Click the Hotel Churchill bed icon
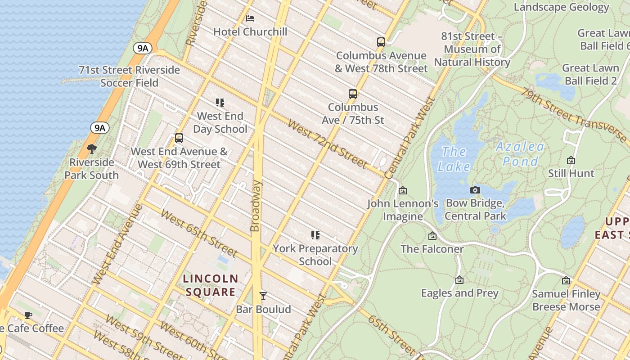[x=250, y=18]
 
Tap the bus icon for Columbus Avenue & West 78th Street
[x=381, y=42]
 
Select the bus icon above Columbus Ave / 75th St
[x=353, y=94]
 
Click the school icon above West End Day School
[x=220, y=103]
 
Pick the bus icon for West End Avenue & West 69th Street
[x=179, y=138]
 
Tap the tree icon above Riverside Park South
[x=92, y=149]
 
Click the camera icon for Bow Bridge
[x=475, y=190]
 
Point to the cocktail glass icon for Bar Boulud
[x=263, y=296]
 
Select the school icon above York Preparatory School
[x=315, y=235]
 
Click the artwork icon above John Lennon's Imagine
[x=403, y=190]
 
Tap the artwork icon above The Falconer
[x=432, y=236]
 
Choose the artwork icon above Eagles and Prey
[x=459, y=280]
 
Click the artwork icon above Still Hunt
[x=571, y=160]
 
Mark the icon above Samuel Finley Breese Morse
[x=566, y=281]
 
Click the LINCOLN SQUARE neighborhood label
[x=211, y=285]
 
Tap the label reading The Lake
[x=454, y=159]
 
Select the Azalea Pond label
[x=520, y=154]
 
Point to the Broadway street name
[x=255, y=206]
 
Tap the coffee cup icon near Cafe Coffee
[x=28, y=315]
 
